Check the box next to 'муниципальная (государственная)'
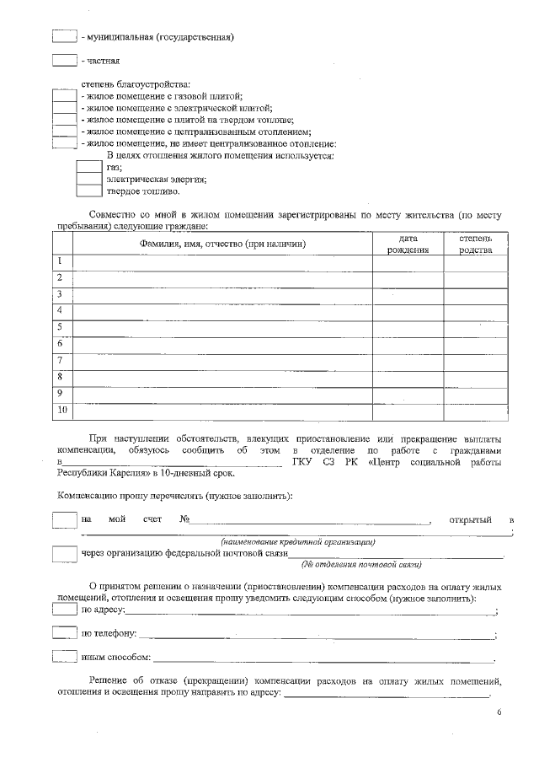pyautogui.click(x=65, y=36)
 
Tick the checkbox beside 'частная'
pyautogui.click(x=65, y=61)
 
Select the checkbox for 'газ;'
pyautogui.click(x=89, y=167)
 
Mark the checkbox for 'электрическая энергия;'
pyautogui.click(x=89, y=179)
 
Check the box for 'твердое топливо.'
pyautogui.click(x=89, y=191)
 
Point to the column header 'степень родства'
pyautogui.click(x=476, y=244)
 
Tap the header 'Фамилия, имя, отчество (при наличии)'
pyautogui.click(x=222, y=244)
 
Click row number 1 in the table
pyautogui.click(x=61, y=262)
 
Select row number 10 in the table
pyautogui.click(x=61, y=411)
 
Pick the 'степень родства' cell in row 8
pyautogui.click(x=476, y=378)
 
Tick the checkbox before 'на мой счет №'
pyautogui.click(x=65, y=519)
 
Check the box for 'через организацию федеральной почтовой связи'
pyautogui.click(x=65, y=554)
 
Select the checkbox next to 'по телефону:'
pyautogui.click(x=65, y=633)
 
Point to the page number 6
pyautogui.click(x=499, y=714)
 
